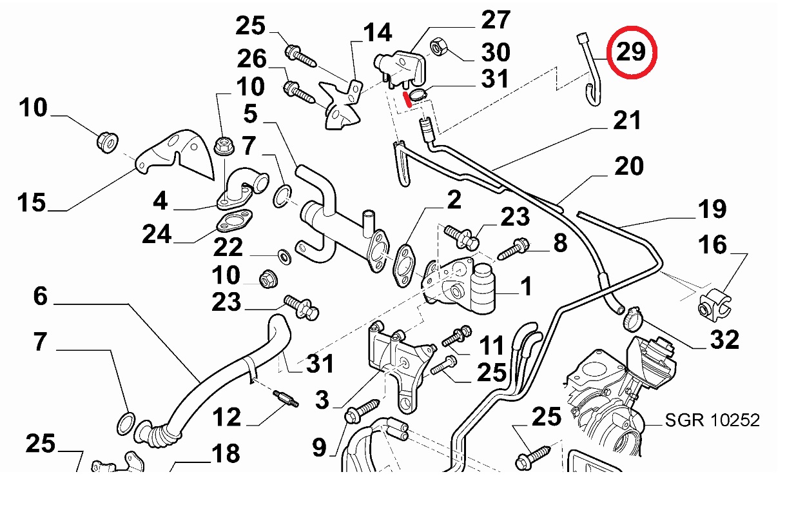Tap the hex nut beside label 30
point(435,46)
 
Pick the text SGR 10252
point(712,420)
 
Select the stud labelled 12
point(284,399)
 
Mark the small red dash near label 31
point(406,99)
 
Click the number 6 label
point(40,297)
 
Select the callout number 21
point(627,121)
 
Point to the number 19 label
point(712,209)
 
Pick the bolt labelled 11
point(457,336)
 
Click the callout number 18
point(226,454)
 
